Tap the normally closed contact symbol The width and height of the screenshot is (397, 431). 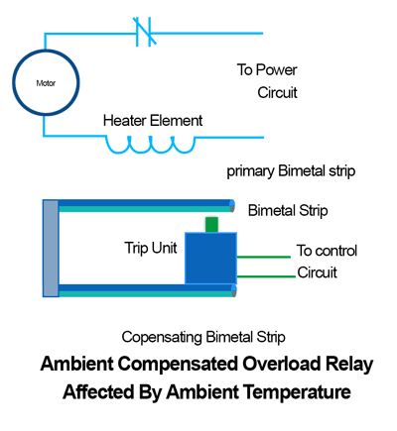(x=145, y=32)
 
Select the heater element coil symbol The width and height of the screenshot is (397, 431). (x=151, y=145)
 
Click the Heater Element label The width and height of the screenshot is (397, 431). (x=153, y=121)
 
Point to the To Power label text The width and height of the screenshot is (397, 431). (x=267, y=70)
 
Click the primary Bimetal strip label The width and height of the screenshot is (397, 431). (x=291, y=171)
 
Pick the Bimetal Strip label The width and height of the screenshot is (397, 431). (x=288, y=211)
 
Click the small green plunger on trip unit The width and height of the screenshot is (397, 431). (x=211, y=225)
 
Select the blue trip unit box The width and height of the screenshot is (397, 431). (x=210, y=258)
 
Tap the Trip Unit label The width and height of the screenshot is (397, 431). (x=151, y=248)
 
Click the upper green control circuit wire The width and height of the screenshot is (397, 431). (x=264, y=257)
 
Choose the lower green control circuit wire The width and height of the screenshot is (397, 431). (x=266, y=276)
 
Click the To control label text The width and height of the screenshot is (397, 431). (x=327, y=251)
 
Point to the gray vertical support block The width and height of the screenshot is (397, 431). (x=51, y=248)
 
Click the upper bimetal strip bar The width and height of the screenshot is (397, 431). (x=147, y=205)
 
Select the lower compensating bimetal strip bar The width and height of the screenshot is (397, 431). (x=147, y=290)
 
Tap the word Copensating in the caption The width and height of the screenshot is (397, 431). (x=162, y=338)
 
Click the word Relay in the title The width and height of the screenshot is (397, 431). (x=349, y=365)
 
